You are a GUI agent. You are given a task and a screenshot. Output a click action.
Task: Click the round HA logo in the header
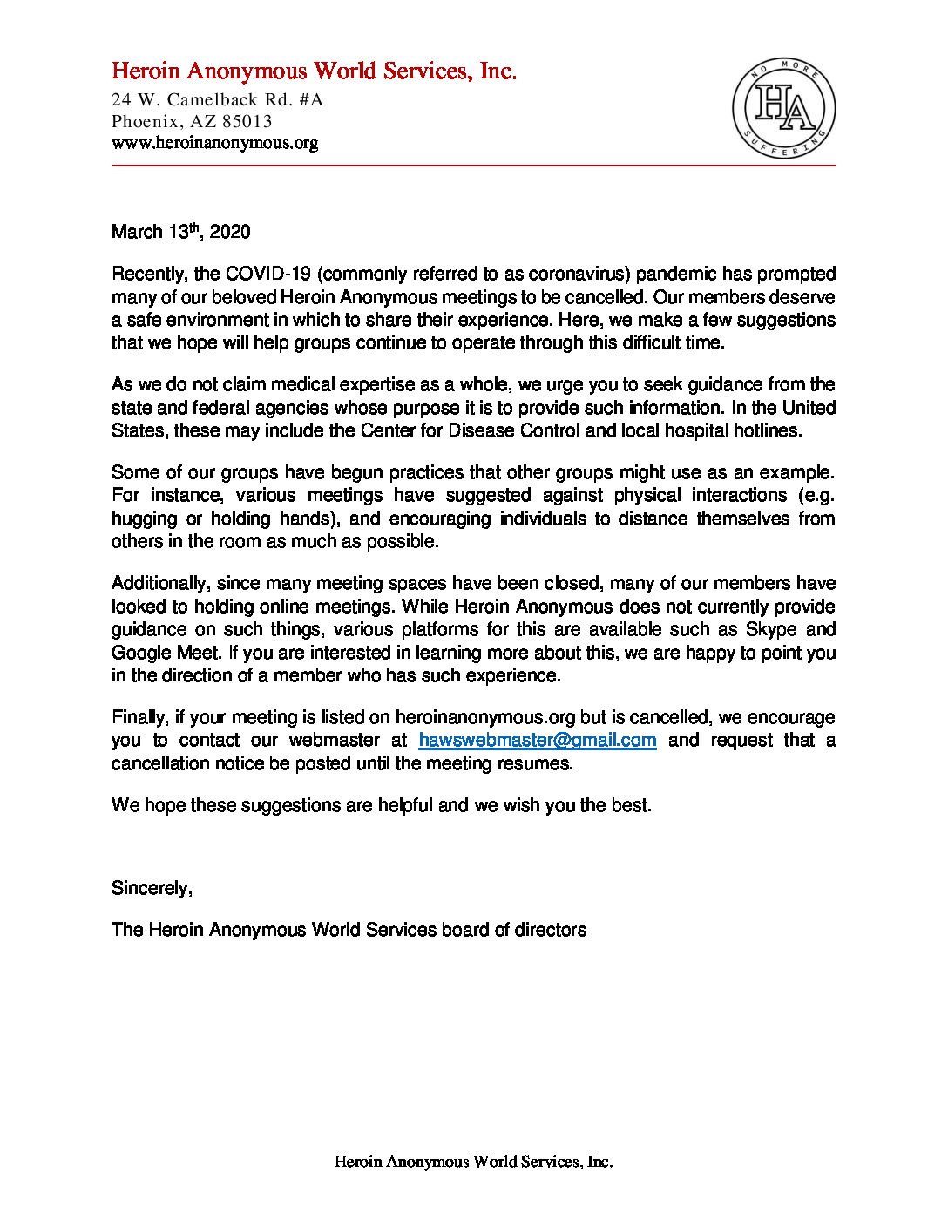point(783,110)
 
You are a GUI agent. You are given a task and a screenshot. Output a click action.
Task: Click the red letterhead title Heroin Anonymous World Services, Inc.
point(314,71)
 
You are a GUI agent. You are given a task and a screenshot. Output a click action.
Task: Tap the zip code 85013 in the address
point(247,121)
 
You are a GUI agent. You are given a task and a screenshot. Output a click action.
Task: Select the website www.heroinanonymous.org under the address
point(214,142)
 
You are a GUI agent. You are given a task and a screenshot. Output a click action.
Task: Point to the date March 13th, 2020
point(180,232)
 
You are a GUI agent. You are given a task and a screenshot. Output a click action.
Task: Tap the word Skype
point(771,629)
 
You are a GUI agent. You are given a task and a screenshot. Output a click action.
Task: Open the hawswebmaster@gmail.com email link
point(537,741)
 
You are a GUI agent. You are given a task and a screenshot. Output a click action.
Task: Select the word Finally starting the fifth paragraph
point(139,717)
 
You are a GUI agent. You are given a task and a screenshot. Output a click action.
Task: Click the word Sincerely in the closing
point(151,888)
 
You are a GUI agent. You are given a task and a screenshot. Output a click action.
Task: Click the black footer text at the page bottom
point(473,1162)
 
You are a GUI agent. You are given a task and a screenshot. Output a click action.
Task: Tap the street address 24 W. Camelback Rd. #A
point(217,99)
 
